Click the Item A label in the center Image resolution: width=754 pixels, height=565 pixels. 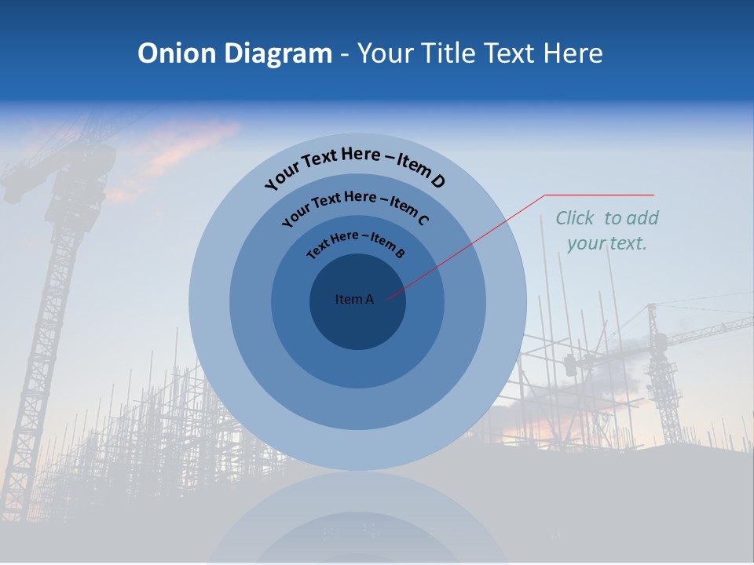pos(354,299)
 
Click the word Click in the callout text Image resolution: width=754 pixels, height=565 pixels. pos(576,218)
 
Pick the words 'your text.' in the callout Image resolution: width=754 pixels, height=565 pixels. pos(606,243)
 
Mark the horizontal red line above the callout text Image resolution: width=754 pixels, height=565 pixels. pos(599,195)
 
